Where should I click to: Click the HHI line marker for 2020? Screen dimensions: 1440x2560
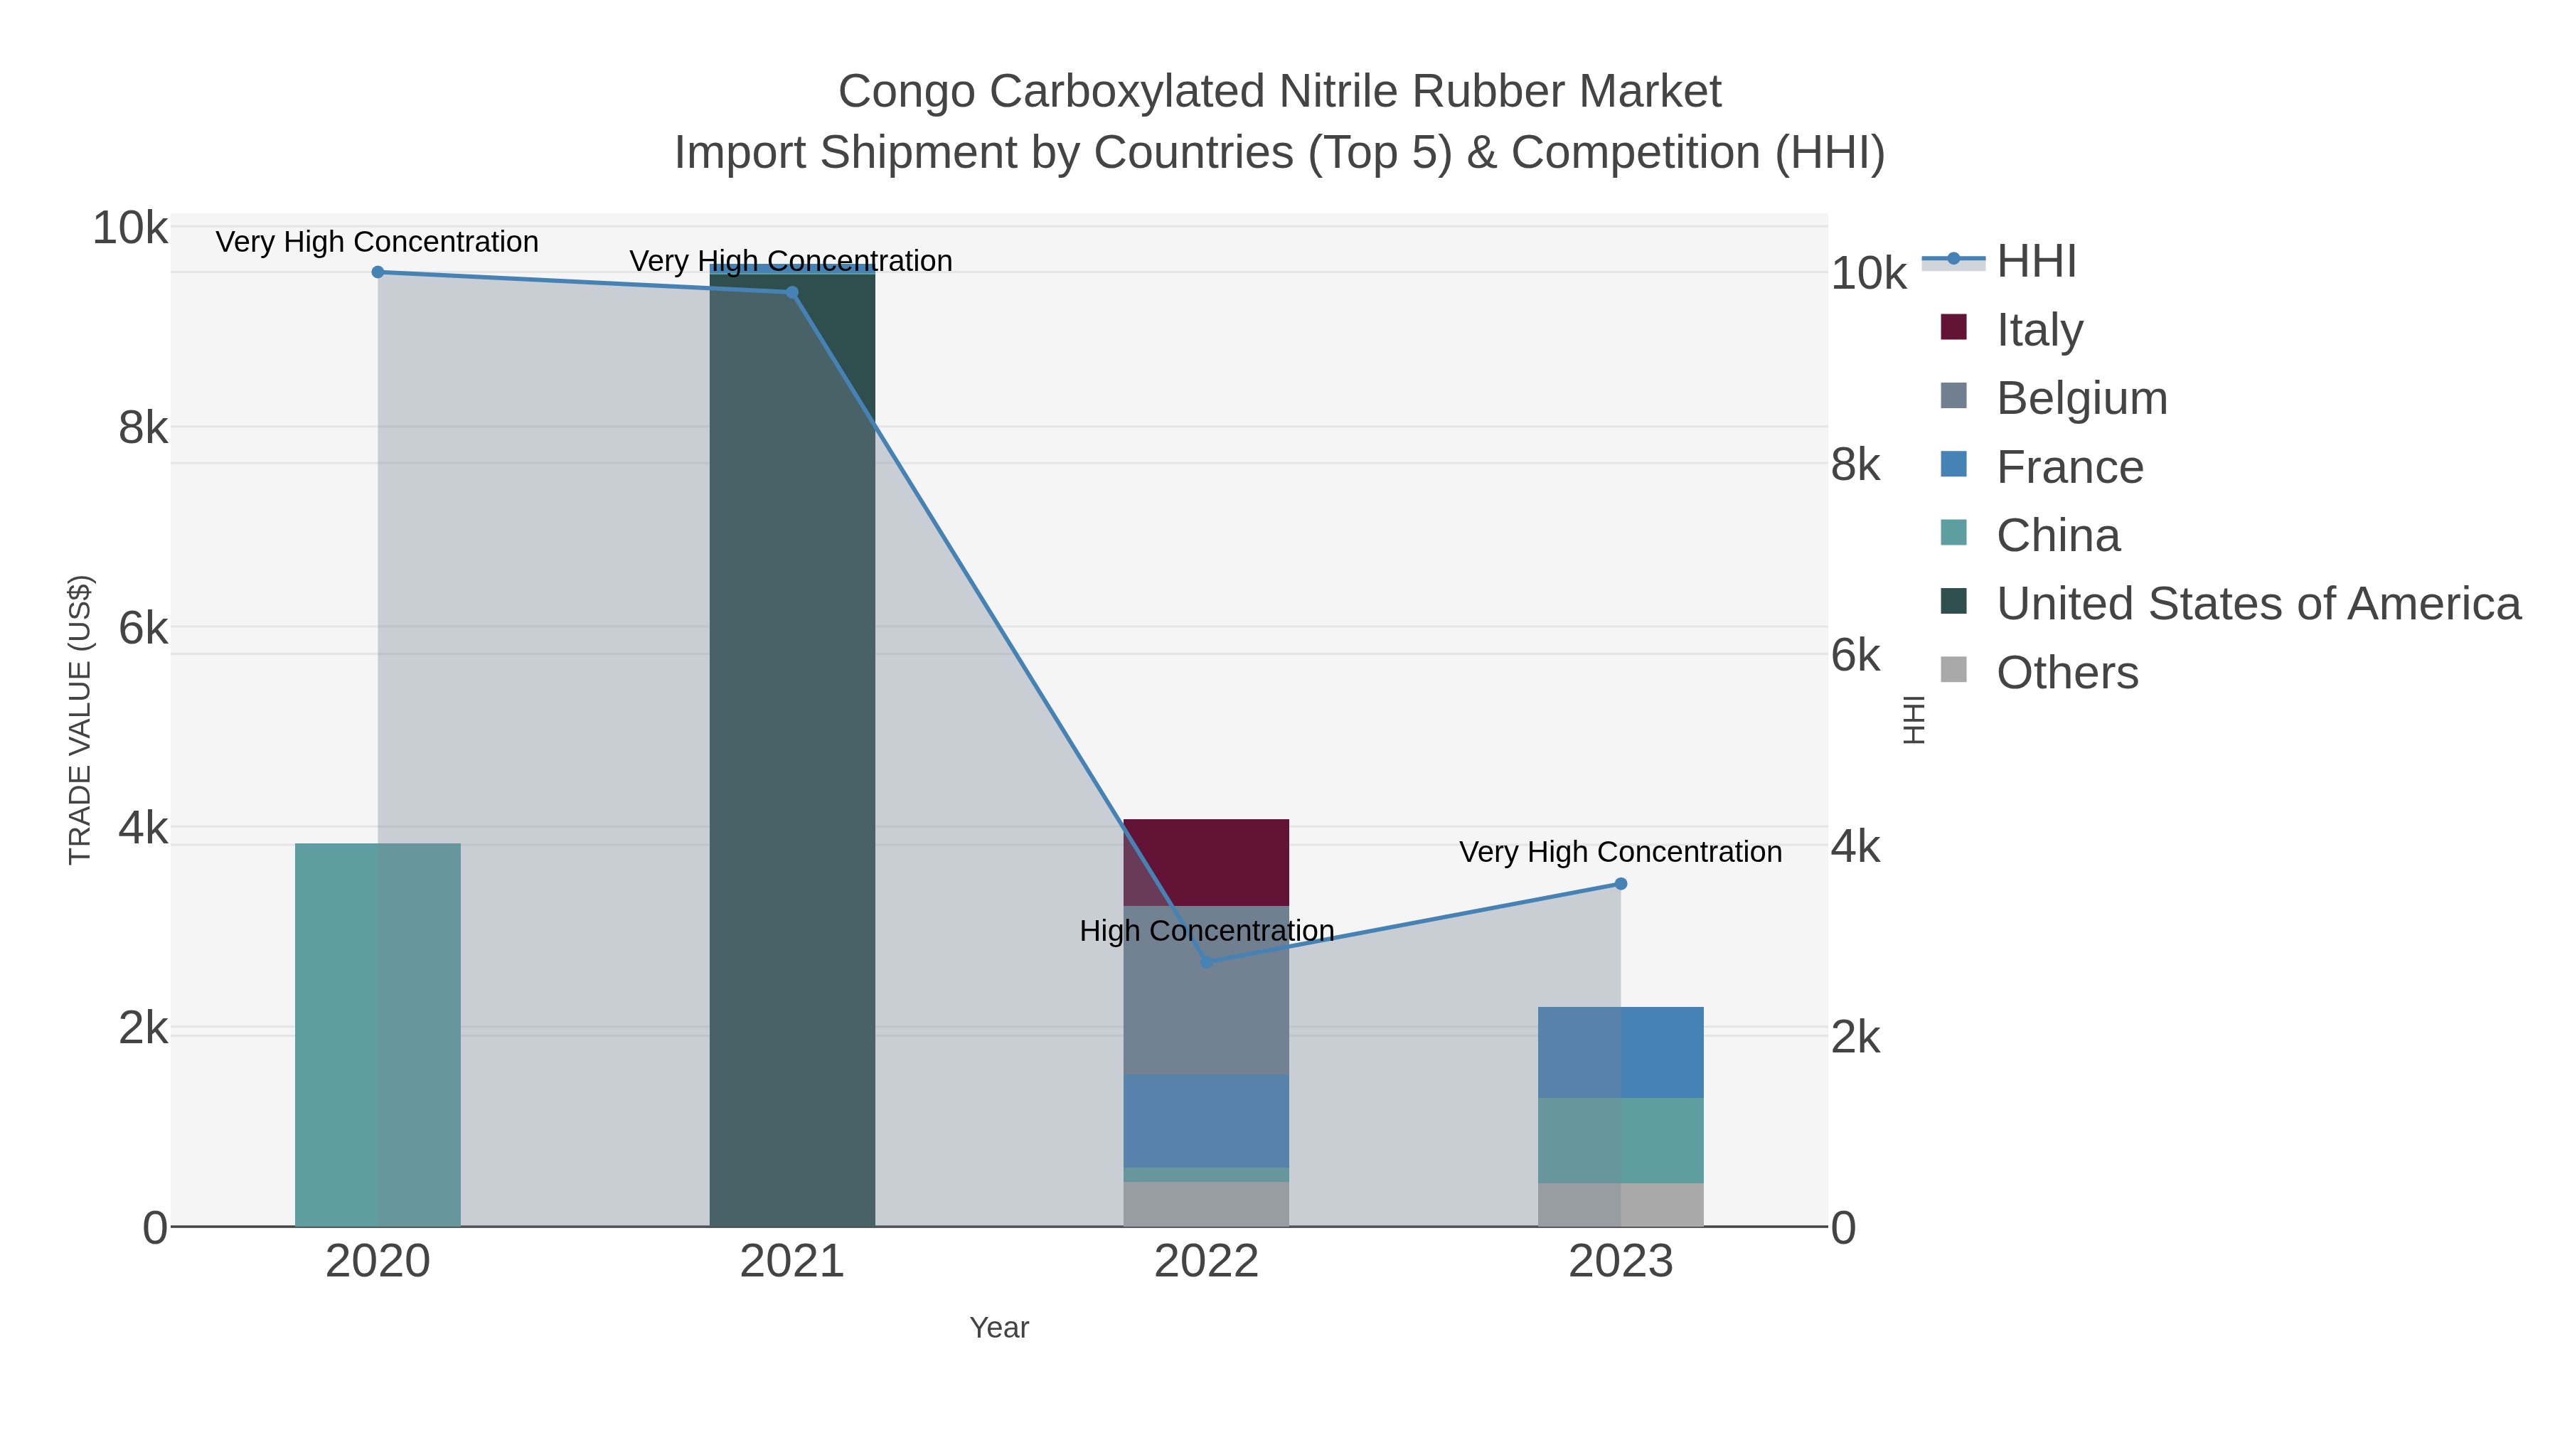click(378, 272)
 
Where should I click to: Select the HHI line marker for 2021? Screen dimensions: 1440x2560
click(792, 292)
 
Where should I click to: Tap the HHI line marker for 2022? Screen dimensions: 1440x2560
click(1207, 962)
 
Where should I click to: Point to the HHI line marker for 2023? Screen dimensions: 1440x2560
click(1621, 883)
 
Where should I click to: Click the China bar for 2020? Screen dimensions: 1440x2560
click(378, 1033)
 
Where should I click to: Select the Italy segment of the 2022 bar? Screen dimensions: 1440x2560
click(1207, 862)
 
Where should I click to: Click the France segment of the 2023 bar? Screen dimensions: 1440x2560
click(1621, 1052)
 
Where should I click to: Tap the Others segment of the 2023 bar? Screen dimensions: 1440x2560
click(1621, 1205)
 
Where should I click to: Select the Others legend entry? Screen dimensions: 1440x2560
click(2067, 673)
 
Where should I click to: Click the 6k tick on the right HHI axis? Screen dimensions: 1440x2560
click(1855, 656)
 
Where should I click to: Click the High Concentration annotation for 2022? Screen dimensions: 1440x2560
click(1207, 931)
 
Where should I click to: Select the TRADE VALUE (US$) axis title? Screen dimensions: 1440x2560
click(80, 720)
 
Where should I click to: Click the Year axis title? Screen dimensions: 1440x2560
click(999, 1328)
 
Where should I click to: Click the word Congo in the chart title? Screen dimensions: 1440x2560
click(907, 92)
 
